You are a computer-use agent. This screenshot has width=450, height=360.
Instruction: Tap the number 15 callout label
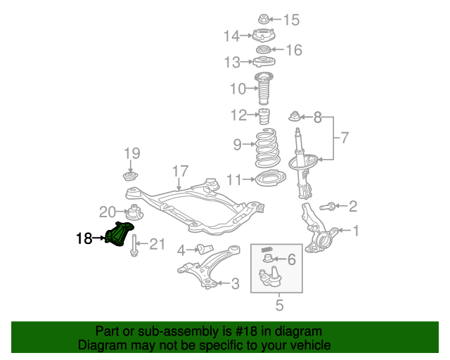point(290,19)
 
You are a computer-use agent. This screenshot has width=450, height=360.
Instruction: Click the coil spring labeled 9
point(264,146)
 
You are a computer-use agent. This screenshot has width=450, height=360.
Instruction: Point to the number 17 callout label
point(180,171)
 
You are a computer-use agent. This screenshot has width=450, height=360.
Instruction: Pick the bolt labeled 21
point(133,246)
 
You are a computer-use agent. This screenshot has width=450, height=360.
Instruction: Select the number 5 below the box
point(279,304)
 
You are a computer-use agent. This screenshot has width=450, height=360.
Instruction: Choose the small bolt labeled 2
point(327,207)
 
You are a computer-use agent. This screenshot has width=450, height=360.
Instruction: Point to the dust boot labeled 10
point(264,89)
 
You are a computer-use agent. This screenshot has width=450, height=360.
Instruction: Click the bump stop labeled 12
point(264,115)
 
